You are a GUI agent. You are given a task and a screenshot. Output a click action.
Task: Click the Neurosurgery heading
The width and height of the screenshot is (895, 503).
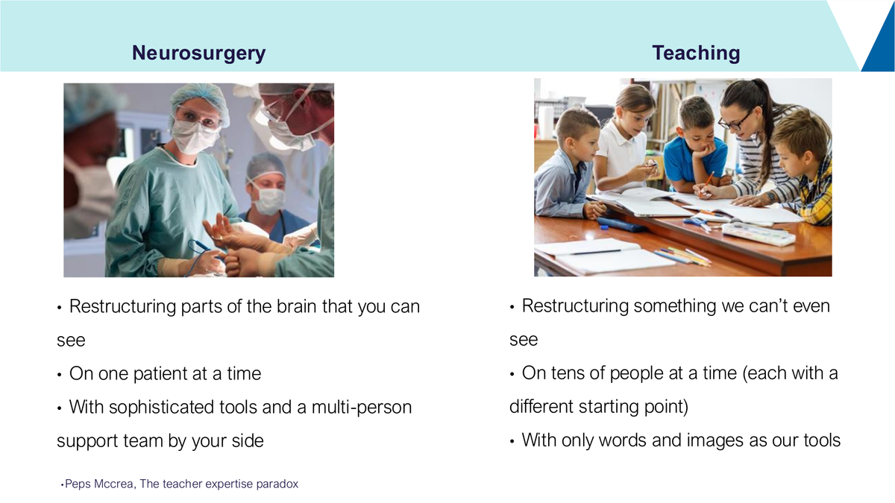point(198,54)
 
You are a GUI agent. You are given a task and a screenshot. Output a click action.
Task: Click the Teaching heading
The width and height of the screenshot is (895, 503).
point(696,54)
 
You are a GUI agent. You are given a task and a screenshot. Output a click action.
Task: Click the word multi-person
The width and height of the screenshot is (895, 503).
point(362,408)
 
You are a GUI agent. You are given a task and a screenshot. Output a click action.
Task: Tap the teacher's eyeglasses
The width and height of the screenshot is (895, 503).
point(736,121)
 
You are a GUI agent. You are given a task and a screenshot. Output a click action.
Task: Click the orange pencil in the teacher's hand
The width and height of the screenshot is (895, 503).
point(707,182)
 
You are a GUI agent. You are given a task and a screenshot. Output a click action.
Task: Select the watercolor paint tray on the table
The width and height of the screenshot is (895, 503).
point(757,233)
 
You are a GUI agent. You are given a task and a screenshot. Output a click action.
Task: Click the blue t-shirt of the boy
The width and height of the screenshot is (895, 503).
point(694,160)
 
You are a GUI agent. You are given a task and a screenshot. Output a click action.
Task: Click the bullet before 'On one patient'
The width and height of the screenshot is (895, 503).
point(60,375)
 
